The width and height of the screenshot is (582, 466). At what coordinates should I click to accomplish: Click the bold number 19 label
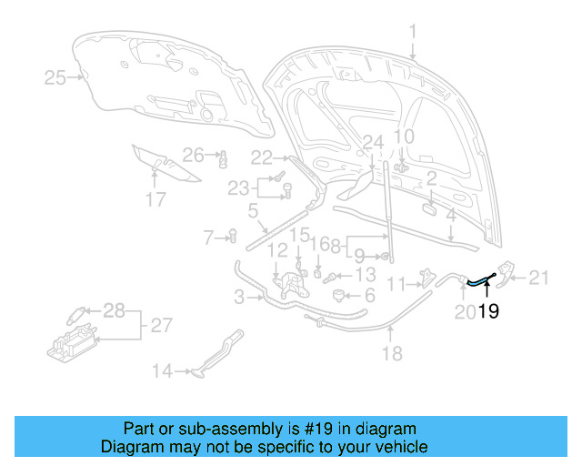[x=488, y=311]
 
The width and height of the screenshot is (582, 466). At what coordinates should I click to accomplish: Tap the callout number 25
[x=55, y=78]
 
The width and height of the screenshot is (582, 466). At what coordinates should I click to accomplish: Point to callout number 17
[x=156, y=199]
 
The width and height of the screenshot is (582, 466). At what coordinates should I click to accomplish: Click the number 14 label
[x=162, y=370]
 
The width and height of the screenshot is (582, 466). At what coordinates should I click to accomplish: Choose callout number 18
[x=391, y=354]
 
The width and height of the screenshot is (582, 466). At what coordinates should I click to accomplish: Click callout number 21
[x=540, y=278]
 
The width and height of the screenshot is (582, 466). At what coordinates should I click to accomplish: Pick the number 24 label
[x=373, y=142]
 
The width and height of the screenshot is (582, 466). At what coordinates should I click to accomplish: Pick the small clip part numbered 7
[x=232, y=238]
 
